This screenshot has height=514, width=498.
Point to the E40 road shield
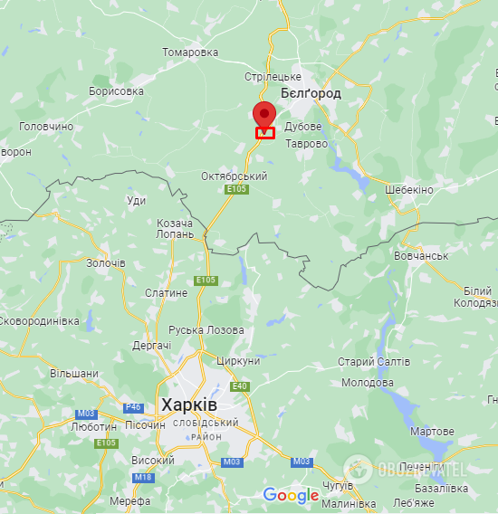click(240, 386)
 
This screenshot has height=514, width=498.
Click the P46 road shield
click(133, 407)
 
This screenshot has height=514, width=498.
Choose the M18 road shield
click(143, 477)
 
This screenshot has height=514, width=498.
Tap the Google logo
click(291, 495)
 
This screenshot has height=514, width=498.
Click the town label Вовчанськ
click(421, 256)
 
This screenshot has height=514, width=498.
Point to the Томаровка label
click(190, 52)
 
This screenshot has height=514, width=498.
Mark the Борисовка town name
click(116, 91)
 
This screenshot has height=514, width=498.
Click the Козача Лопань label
click(175, 228)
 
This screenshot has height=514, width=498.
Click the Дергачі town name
click(151, 346)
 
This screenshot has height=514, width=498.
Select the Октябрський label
click(234, 176)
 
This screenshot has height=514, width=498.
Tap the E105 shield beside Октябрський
click(237, 189)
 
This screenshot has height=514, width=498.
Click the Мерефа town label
click(129, 500)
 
